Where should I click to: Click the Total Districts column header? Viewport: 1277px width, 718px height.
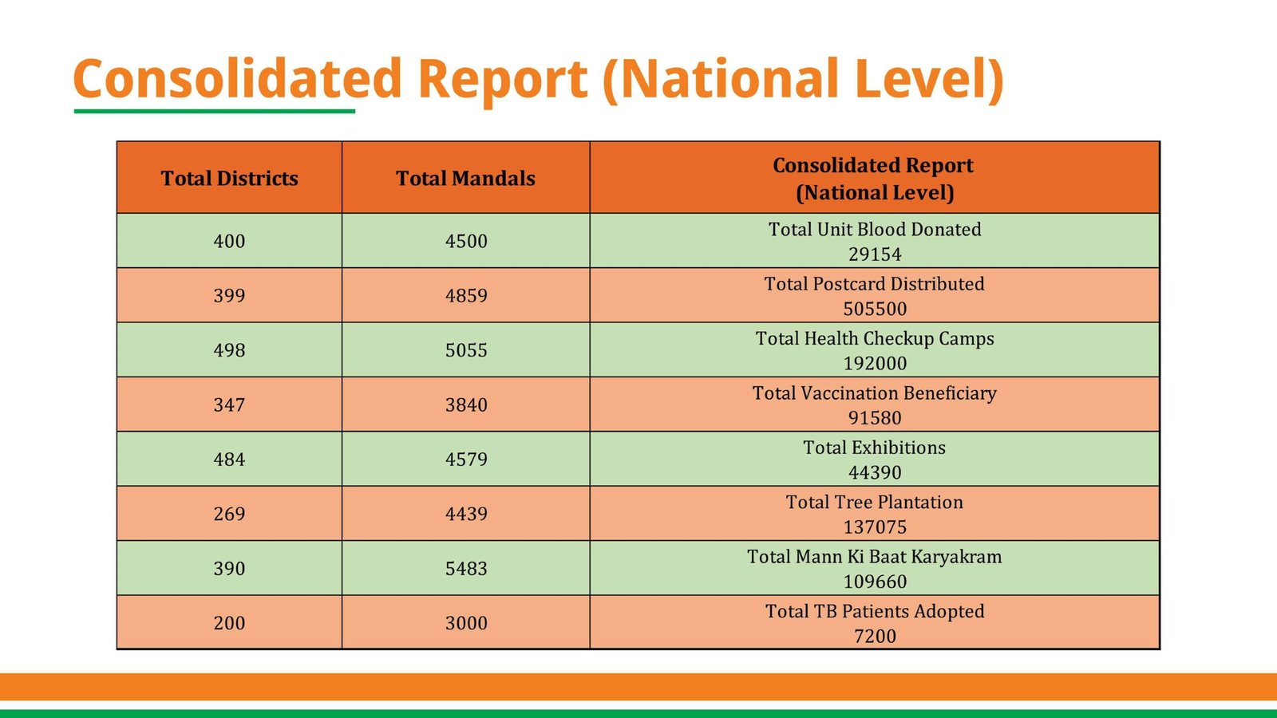[x=229, y=178]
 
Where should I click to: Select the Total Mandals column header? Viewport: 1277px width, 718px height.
[x=465, y=178]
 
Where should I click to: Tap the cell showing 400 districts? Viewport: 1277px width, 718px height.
[x=229, y=241]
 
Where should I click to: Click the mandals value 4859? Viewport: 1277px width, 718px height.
[x=466, y=296]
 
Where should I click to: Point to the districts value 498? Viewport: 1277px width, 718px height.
[x=229, y=350]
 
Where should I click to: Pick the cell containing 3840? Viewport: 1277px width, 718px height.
[x=466, y=405]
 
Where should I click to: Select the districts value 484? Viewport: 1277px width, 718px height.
[x=229, y=460]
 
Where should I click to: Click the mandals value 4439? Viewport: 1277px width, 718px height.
[x=466, y=514]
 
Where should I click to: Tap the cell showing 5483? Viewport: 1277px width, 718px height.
[x=466, y=569]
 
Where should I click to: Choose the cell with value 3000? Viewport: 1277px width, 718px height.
[x=466, y=623]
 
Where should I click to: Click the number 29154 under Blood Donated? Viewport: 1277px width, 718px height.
[x=875, y=254]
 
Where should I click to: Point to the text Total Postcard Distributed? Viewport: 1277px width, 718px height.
[x=874, y=284]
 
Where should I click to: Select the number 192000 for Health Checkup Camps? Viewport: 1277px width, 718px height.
[x=875, y=364]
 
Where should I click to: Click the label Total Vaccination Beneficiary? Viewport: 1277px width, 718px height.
[x=874, y=393]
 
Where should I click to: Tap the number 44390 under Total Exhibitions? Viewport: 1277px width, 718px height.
[x=875, y=473]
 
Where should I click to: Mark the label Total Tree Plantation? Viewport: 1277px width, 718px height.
[x=874, y=503]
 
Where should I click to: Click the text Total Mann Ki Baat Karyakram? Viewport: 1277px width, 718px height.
[x=874, y=557]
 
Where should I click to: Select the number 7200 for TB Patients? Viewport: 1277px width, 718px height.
[x=875, y=637]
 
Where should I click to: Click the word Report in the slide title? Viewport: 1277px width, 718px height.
[x=503, y=80]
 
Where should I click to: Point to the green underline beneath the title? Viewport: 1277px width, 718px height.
[x=214, y=111]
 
